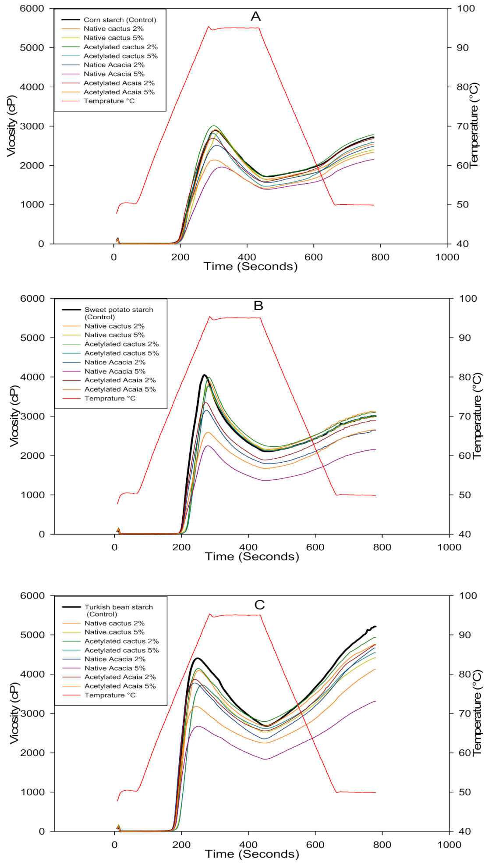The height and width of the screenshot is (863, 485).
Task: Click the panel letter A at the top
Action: (255, 17)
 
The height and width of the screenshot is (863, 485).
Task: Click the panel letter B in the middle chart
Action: (258, 306)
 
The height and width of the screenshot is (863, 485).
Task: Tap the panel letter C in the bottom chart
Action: (259, 605)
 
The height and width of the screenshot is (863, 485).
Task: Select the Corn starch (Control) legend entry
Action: (120, 20)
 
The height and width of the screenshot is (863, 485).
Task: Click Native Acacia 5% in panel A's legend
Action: (114, 74)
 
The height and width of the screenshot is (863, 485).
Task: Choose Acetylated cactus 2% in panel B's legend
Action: (121, 344)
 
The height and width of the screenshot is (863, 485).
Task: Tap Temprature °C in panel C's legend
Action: (110, 695)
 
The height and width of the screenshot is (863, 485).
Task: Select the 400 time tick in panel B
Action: (248, 547)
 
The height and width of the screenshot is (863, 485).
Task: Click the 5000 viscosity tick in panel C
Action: (32, 635)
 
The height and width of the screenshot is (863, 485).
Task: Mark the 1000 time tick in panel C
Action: (449, 845)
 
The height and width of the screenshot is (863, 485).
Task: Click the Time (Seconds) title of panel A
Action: (251, 267)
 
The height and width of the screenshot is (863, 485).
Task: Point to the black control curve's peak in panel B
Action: (204, 375)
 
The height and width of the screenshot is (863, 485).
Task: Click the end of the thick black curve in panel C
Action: (375, 627)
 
